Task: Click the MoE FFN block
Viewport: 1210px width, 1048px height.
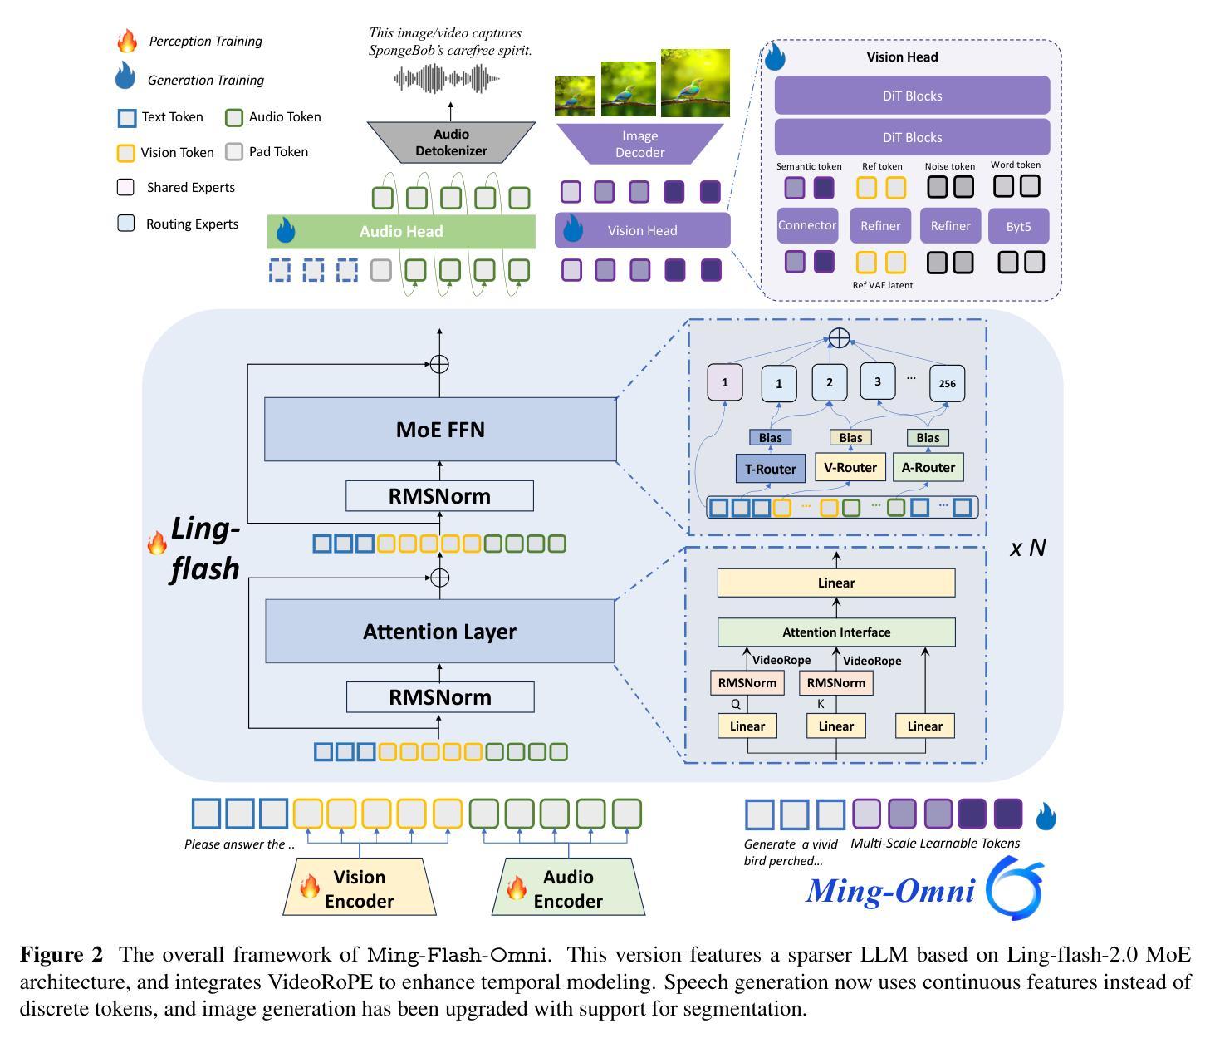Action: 440,429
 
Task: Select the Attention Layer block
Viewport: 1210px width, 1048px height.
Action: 439,632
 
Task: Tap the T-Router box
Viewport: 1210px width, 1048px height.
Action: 771,469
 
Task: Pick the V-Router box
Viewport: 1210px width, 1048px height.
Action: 850,467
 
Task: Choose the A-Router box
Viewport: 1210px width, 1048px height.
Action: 928,467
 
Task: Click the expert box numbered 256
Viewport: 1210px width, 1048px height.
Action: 947,383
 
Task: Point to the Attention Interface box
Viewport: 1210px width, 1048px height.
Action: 836,632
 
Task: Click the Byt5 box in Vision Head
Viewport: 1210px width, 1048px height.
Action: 1018,226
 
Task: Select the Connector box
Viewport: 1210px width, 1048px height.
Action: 807,225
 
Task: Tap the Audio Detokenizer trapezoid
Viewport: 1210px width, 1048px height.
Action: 451,143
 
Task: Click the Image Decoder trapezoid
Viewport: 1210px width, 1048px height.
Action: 639,144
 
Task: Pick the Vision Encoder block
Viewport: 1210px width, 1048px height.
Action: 360,888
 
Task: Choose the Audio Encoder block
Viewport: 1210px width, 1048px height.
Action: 568,888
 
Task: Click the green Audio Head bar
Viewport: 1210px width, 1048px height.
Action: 401,232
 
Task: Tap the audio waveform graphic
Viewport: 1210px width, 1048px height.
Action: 447,79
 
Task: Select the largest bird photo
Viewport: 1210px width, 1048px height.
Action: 695,82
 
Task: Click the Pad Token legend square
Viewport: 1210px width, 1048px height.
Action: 234,152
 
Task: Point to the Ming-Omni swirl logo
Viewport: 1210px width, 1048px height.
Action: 1015,890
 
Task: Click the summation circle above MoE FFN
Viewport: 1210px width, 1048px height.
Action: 439,364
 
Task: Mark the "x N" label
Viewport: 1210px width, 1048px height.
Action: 1027,548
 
